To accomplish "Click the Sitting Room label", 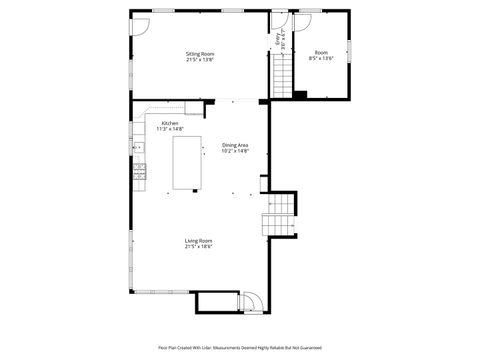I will coord(200,53).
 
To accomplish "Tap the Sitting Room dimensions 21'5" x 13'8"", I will coord(200,60).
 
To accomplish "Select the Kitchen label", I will coord(170,123).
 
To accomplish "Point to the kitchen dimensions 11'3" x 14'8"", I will coord(170,129).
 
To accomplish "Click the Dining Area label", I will coord(235,145).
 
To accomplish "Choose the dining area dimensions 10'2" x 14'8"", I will coord(235,152).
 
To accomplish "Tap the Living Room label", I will coord(198,240).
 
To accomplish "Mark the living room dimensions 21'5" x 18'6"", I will coord(198,247).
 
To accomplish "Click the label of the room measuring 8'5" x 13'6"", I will coord(321,52).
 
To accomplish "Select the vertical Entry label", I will coord(278,40).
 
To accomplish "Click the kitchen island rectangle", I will coord(185,163).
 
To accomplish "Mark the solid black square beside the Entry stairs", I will coord(299,95).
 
